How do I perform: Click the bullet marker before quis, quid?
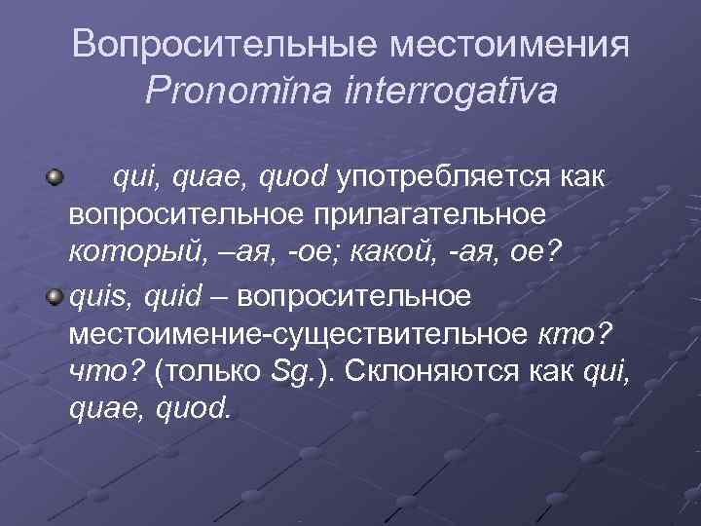tap(55, 295)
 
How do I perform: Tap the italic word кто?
tap(574, 333)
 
